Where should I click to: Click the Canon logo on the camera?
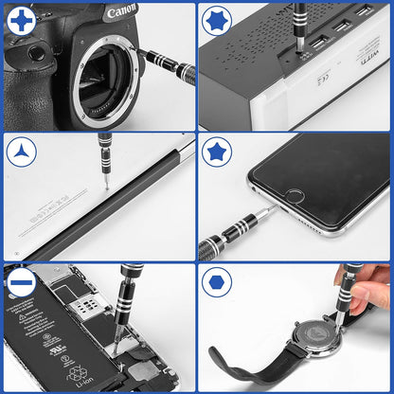click(x=120, y=13)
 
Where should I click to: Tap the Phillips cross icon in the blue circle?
click(x=20, y=19)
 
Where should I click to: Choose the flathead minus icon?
click(x=20, y=282)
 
